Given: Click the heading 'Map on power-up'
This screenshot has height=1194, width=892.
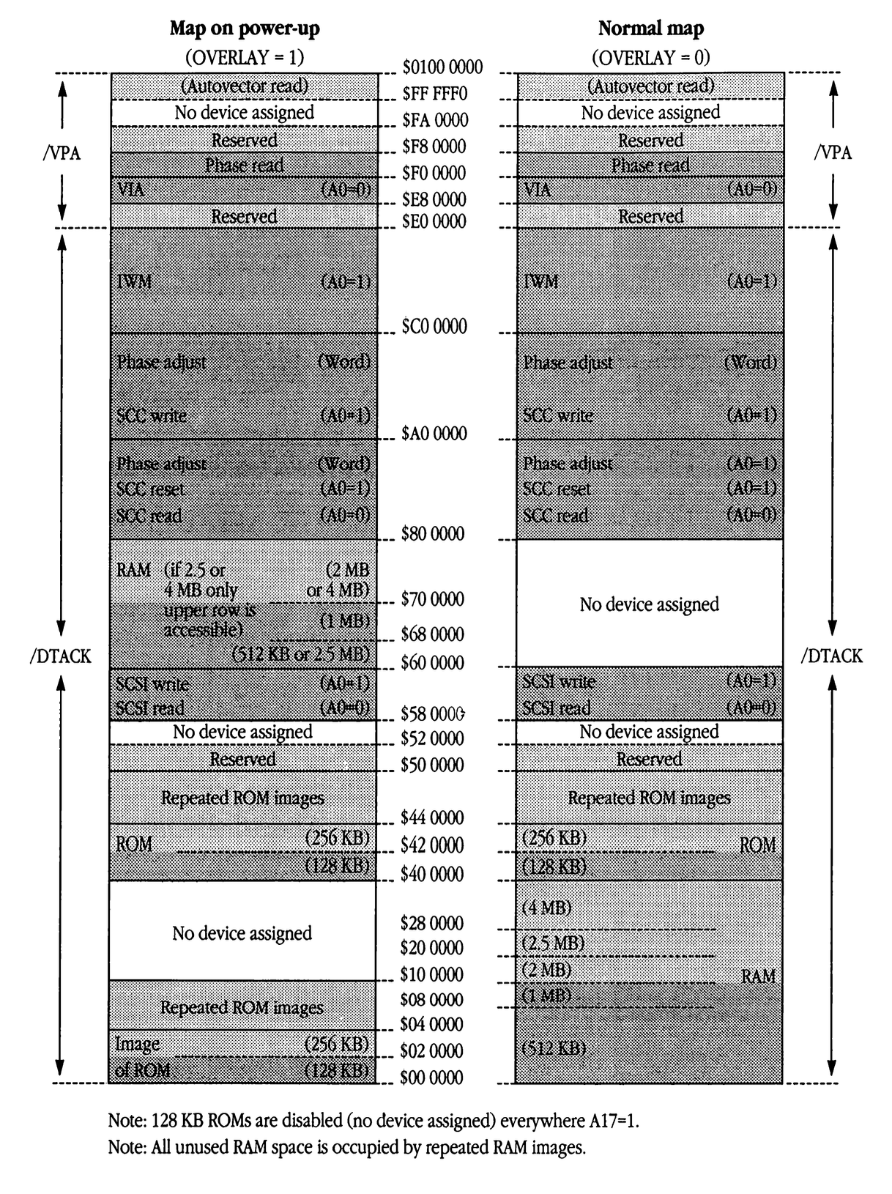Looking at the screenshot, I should click(x=245, y=29).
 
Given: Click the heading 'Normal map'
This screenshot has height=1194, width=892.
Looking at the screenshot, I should click(x=650, y=29).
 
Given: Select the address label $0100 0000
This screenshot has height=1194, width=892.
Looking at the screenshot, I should click(x=442, y=67).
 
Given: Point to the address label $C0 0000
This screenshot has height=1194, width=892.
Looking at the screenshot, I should click(x=434, y=326).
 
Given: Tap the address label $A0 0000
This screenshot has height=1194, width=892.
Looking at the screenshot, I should click(x=434, y=434).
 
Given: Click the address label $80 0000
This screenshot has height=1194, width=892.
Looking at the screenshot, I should click(x=433, y=534).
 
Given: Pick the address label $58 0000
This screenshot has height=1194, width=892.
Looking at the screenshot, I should click(x=433, y=714).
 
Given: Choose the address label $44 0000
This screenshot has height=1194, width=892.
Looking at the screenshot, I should click(x=432, y=817).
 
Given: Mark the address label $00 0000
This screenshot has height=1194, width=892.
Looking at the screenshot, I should click(x=431, y=1078).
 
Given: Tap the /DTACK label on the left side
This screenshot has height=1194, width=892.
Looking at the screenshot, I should click(x=61, y=656).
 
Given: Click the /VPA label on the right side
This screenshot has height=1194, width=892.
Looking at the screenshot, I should click(x=833, y=153).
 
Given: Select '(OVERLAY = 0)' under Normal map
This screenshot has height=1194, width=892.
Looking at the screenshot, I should click(x=650, y=57).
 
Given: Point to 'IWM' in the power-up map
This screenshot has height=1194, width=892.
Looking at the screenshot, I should click(x=134, y=281).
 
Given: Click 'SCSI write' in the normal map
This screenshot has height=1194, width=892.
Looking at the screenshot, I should click(x=559, y=683).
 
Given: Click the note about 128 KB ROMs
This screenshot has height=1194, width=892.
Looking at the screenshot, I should click(x=373, y=1121).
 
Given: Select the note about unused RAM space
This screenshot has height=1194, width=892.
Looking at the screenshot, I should click(x=346, y=1148).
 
